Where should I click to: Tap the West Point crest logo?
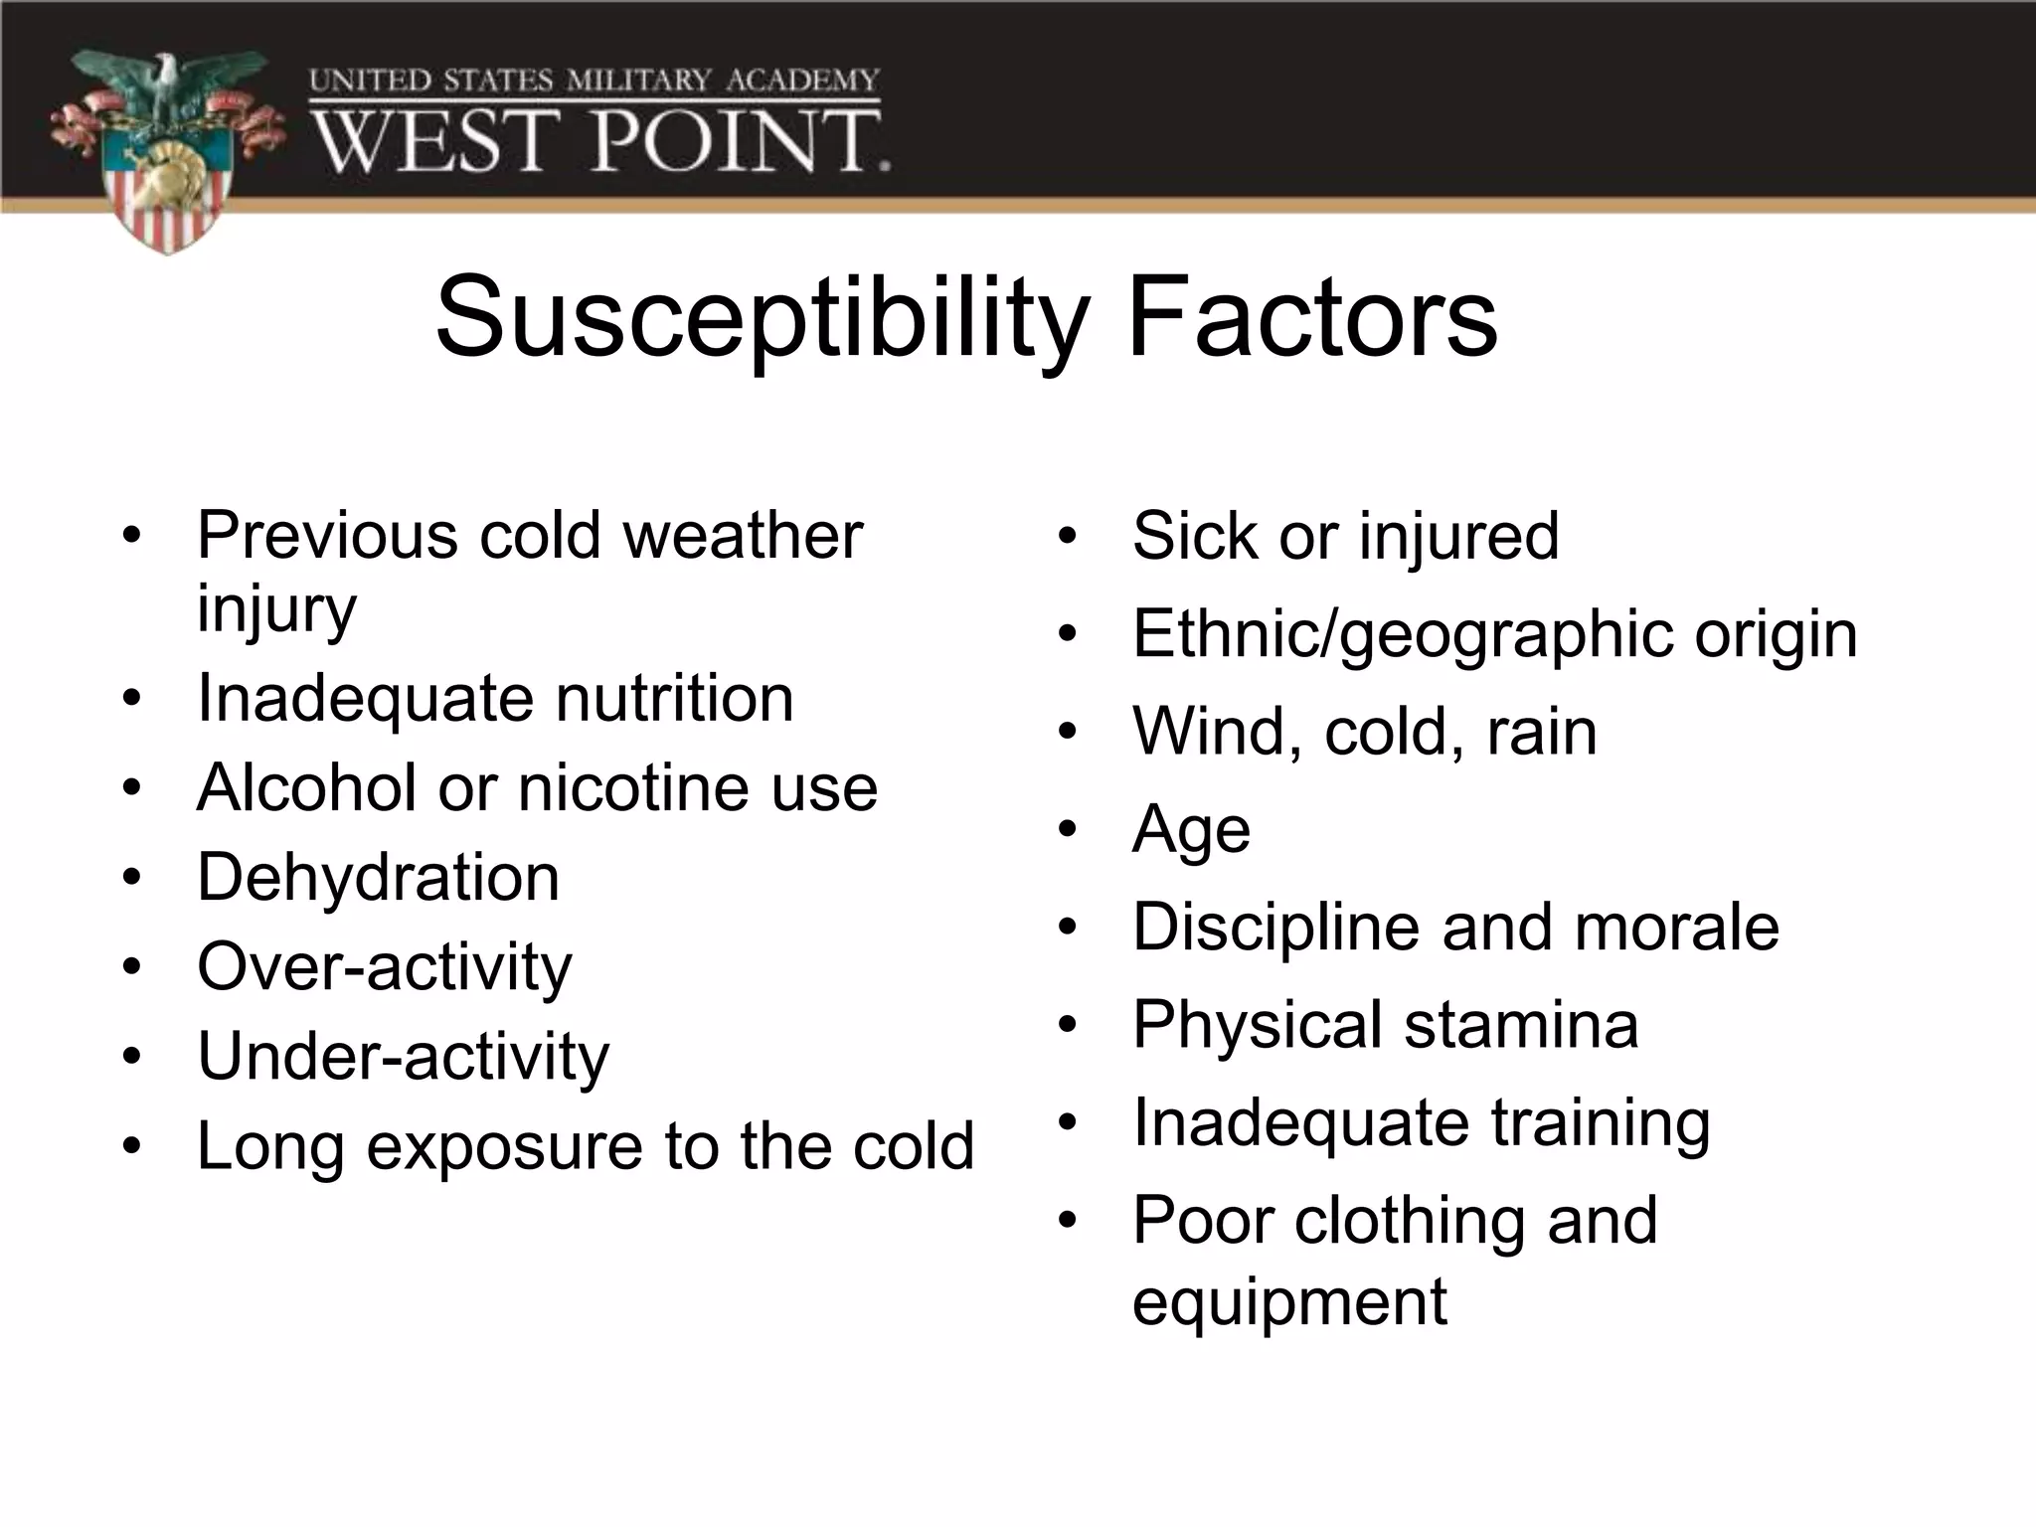167,149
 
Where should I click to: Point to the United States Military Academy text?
594,81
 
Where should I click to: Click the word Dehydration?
378,878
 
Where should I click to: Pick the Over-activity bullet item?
384,967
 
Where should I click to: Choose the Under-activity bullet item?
403,1057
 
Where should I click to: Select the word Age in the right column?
1190,831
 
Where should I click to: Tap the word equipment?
1288,1303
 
